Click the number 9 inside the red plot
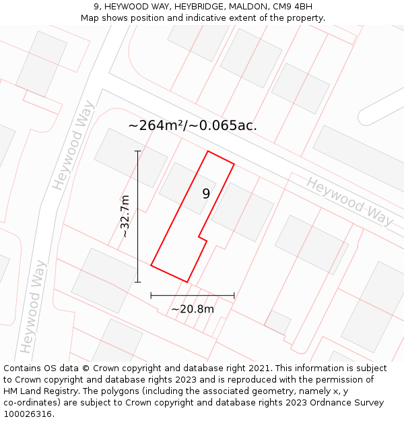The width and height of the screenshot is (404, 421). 206,194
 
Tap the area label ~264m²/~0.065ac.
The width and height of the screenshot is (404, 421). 193,125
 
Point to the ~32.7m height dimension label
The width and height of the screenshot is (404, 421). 125,216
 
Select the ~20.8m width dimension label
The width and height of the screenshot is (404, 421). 193,309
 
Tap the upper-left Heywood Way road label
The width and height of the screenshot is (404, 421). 73,145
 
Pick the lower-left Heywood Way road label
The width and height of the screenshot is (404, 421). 33,306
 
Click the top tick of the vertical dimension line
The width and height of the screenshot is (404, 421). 138,151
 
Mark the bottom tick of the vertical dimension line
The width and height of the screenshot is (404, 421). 138,282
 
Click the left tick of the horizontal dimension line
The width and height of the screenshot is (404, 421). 151,295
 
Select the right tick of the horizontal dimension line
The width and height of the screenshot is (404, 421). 234,295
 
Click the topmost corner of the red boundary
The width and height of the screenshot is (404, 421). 208,151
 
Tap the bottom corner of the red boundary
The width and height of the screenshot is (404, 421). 187,282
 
